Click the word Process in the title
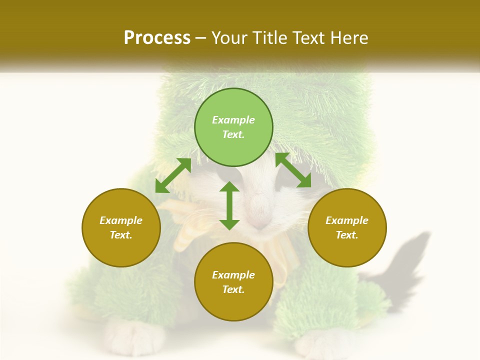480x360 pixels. point(157,38)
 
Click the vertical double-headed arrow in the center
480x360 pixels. point(229,205)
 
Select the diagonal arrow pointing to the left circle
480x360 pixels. point(173,175)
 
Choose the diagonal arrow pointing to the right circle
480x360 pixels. point(293,170)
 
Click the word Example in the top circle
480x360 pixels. point(233,120)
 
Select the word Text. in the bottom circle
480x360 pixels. point(233,289)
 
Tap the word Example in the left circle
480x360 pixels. point(121,220)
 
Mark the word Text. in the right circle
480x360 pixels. point(347,235)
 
